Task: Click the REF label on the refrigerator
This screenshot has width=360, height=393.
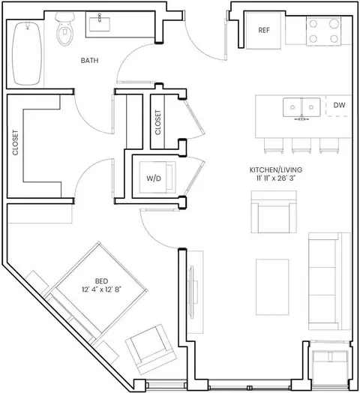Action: pos(264,30)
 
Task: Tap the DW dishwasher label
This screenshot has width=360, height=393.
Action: pos(340,105)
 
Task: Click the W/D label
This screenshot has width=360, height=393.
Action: pos(154,178)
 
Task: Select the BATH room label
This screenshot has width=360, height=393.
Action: pos(89,61)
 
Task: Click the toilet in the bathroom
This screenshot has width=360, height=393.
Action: pos(65,28)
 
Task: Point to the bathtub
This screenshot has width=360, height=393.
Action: pos(27,53)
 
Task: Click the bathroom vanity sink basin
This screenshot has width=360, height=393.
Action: pos(100,24)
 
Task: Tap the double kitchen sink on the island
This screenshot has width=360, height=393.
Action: pos(301,107)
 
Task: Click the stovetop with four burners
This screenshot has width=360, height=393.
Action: pos(323,31)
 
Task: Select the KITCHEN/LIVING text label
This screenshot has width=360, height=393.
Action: pos(276,170)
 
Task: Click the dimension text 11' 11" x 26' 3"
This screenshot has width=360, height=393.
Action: pos(274,178)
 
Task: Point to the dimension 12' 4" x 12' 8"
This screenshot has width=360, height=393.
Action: pos(101,289)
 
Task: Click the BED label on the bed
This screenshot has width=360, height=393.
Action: pos(101,281)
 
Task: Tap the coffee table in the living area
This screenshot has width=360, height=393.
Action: pos(272,287)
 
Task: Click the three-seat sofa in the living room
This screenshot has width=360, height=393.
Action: pos(329,281)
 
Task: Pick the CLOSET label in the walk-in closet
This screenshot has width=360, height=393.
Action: pos(15,142)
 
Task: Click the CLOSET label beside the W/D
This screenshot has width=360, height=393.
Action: pos(157,122)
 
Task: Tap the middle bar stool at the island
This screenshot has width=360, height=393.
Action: pos(301,145)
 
